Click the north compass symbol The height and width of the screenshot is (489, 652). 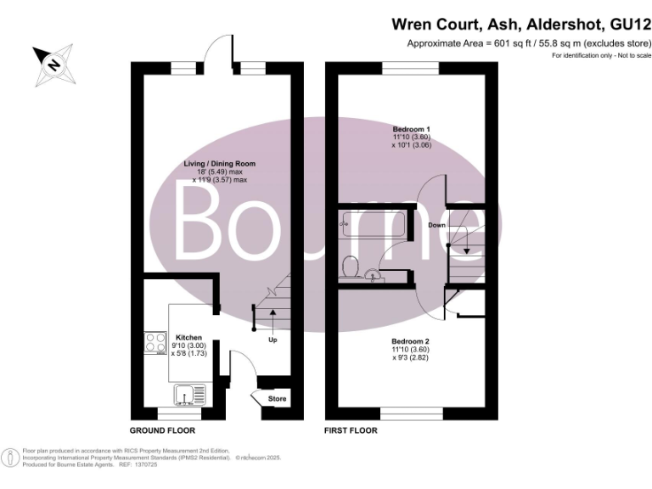tap(53, 62)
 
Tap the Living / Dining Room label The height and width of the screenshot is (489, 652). tap(220, 163)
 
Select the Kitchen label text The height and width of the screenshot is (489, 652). tap(188, 337)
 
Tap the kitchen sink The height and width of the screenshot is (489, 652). tap(185, 395)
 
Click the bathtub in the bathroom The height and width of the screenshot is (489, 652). tap(373, 226)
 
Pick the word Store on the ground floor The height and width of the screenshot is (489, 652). tap(278, 398)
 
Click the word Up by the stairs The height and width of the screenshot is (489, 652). tap(273, 340)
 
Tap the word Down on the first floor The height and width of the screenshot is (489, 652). tap(437, 225)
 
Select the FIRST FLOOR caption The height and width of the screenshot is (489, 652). tap(351, 430)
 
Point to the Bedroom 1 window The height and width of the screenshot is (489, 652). tap(411, 67)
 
